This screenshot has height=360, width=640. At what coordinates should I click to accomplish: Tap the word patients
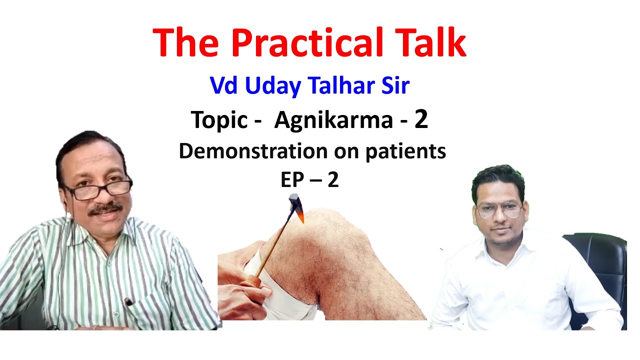[405, 151]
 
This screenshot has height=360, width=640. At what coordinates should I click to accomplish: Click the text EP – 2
[309, 180]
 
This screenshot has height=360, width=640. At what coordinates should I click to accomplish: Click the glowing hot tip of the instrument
[301, 216]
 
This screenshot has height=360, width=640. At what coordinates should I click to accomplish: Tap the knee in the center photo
[350, 240]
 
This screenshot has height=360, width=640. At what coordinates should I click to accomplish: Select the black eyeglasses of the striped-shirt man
[97, 190]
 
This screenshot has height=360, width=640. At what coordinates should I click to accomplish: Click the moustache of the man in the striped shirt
[105, 207]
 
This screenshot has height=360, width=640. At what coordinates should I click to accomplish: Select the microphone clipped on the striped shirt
[128, 301]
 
